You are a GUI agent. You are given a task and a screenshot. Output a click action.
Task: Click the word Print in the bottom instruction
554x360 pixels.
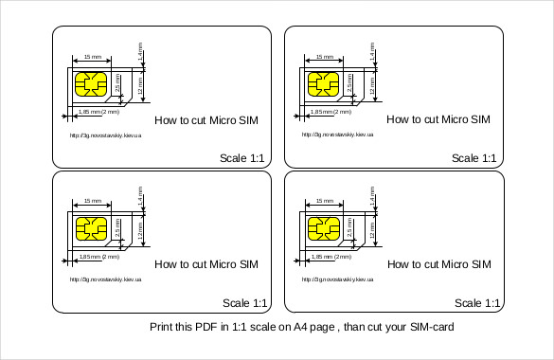(164, 328)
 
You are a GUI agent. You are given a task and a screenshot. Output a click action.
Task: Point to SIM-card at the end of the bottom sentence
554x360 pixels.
(429, 328)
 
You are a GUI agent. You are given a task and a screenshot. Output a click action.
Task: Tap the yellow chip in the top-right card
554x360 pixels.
(324, 86)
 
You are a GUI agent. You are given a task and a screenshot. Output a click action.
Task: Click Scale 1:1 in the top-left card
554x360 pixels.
(243, 158)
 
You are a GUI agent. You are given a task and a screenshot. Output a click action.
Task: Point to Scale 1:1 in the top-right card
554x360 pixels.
(475, 158)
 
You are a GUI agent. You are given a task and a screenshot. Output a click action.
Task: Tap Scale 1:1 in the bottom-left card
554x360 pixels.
(245, 303)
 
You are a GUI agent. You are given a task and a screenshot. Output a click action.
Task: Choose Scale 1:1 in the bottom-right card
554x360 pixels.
(477, 303)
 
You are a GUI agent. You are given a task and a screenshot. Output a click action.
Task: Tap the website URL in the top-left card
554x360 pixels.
(105, 135)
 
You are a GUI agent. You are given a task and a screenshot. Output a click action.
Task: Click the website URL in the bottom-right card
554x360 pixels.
(337, 280)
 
